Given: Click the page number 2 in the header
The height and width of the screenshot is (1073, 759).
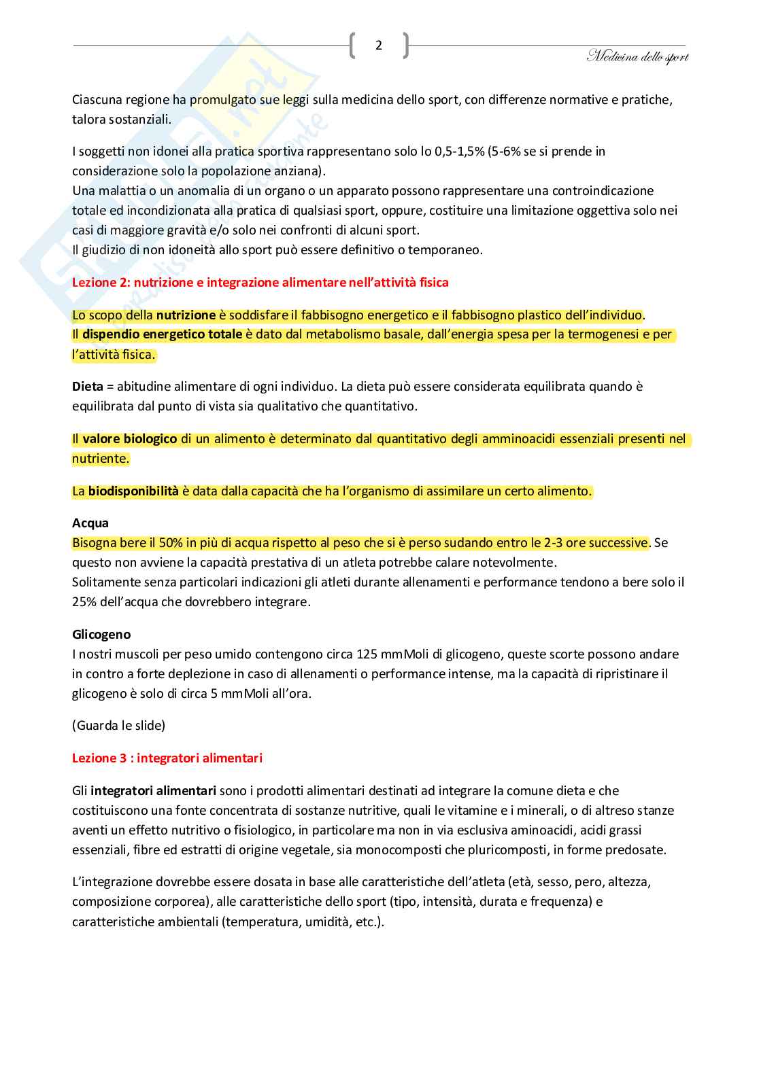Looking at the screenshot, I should point(379,46).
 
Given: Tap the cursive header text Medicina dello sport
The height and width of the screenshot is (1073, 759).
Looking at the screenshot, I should point(637,57).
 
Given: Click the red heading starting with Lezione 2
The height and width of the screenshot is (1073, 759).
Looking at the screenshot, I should point(260,282).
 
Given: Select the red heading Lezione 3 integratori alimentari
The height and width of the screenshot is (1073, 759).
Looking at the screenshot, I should point(167,758).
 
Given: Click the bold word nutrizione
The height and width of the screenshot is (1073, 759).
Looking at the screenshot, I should point(186,315).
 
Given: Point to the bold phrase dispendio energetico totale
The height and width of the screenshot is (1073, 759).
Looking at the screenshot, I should point(162,334).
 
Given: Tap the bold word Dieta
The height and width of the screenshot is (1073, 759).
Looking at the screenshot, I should point(88,386).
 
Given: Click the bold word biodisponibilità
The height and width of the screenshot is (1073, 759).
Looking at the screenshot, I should point(133,491).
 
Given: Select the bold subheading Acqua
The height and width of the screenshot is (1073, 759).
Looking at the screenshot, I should point(90,523).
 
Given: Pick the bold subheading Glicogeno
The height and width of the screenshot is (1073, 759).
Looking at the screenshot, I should point(101,634).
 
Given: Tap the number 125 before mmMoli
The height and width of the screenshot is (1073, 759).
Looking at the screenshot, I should point(367,654).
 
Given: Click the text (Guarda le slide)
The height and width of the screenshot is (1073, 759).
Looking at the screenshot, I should point(118,725).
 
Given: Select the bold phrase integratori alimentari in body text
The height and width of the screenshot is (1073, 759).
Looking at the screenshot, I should point(153,790).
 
